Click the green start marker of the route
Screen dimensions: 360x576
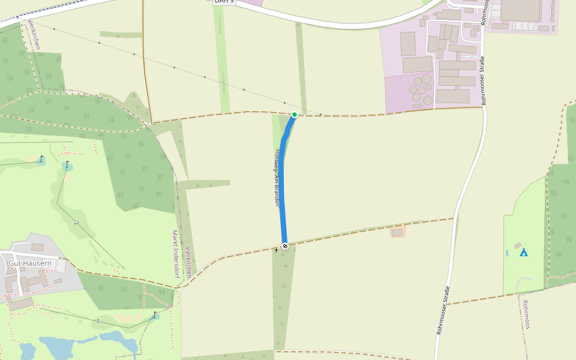(294, 114)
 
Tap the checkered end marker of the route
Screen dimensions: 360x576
(285, 246)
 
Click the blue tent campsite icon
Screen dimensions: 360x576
(523, 252)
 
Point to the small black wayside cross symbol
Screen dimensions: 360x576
(276, 250)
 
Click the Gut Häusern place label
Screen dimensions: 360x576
(30, 263)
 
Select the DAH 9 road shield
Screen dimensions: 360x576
(224, 2)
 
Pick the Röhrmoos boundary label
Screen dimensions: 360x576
(526, 314)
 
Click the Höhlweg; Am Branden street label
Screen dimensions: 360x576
(277, 178)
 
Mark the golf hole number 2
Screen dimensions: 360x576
(76, 223)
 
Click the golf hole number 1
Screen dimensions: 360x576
(98, 322)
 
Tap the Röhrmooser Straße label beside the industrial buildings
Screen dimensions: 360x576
(482, 80)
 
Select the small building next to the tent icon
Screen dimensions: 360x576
(517, 245)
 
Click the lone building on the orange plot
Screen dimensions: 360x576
(397, 232)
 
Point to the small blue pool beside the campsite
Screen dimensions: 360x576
(507, 253)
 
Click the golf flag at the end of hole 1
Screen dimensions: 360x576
(155, 314)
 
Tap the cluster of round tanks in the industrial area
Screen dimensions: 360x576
(421, 90)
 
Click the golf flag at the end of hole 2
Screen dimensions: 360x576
(67, 164)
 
